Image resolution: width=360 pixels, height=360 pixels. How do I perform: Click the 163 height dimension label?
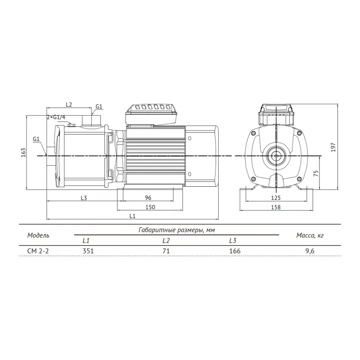(23, 152)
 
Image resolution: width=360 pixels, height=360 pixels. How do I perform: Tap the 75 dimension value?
(316, 174)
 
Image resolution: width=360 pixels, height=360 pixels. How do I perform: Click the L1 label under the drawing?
(133, 216)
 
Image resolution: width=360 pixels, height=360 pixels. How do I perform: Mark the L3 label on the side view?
(83, 198)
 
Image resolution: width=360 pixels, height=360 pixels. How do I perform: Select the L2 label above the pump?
(69, 104)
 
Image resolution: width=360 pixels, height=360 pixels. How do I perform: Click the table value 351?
(88, 251)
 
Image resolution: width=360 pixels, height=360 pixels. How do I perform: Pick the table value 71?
(166, 251)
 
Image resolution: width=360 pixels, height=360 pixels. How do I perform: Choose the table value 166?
(235, 251)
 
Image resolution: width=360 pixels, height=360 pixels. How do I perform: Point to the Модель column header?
(38, 235)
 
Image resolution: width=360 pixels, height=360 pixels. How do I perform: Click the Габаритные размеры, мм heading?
(175, 230)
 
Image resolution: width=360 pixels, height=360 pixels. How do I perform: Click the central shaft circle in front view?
(275, 156)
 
